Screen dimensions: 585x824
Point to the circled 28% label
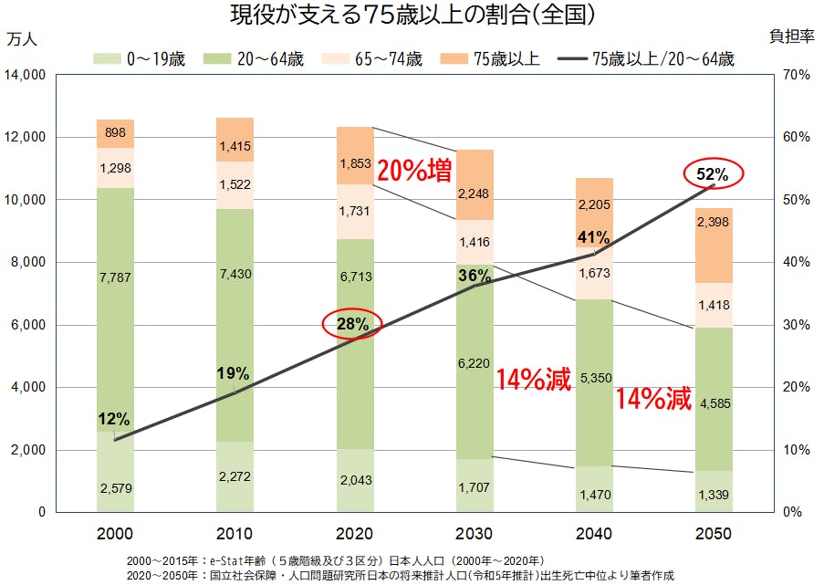[x=351, y=323]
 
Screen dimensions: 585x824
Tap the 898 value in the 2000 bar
[x=115, y=133]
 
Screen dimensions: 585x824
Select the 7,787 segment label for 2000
[x=115, y=276]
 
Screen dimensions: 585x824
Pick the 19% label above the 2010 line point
[x=234, y=372]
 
